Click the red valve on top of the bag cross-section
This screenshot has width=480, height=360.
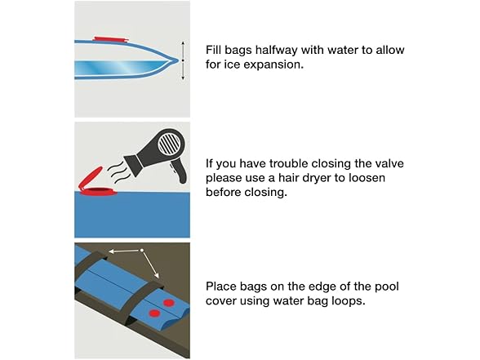[x=110, y=39]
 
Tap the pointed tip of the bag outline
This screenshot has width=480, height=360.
[x=178, y=60]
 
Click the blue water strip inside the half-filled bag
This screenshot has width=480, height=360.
[x=122, y=66]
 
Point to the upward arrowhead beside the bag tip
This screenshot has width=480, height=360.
[x=183, y=42]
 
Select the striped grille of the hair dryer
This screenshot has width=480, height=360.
[x=169, y=143]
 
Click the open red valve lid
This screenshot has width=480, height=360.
[x=90, y=177]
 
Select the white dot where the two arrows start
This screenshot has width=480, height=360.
[x=142, y=251]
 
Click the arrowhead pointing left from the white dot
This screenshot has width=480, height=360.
[x=111, y=251]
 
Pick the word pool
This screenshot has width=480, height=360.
[x=387, y=287]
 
